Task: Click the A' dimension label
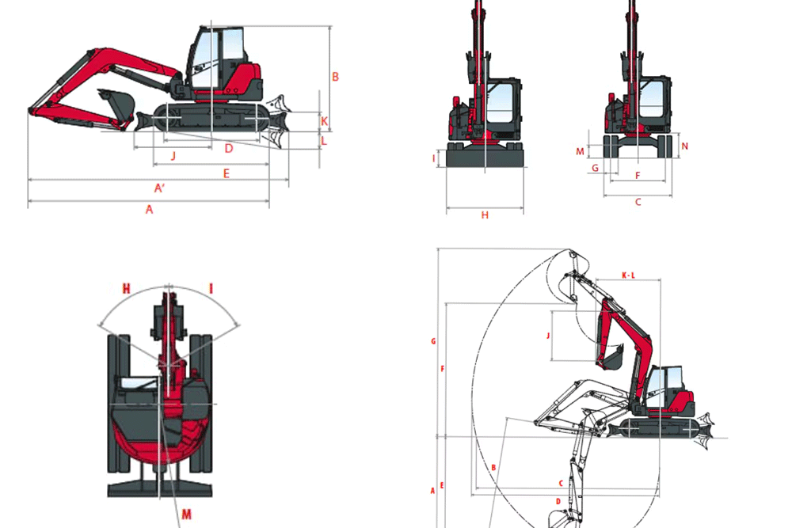159,188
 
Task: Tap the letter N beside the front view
685,146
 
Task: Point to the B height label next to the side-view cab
335,77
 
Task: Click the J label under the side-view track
173,155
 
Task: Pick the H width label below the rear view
485,215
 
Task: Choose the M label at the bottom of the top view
186,514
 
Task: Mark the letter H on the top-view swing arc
126,289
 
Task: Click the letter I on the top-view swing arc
211,289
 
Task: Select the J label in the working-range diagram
547,336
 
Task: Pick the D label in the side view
229,148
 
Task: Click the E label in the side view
227,173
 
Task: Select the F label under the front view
638,176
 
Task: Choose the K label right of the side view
324,121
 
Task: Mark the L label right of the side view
324,141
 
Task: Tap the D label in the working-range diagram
558,501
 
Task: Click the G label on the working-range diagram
433,341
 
